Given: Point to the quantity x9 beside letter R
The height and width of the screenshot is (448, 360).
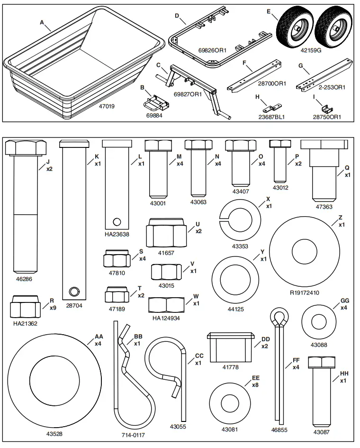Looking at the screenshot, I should [x=54, y=308].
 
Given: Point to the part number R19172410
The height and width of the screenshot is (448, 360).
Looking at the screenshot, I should [x=304, y=293].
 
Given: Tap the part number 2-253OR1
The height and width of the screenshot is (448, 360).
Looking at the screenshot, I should [x=332, y=87].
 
